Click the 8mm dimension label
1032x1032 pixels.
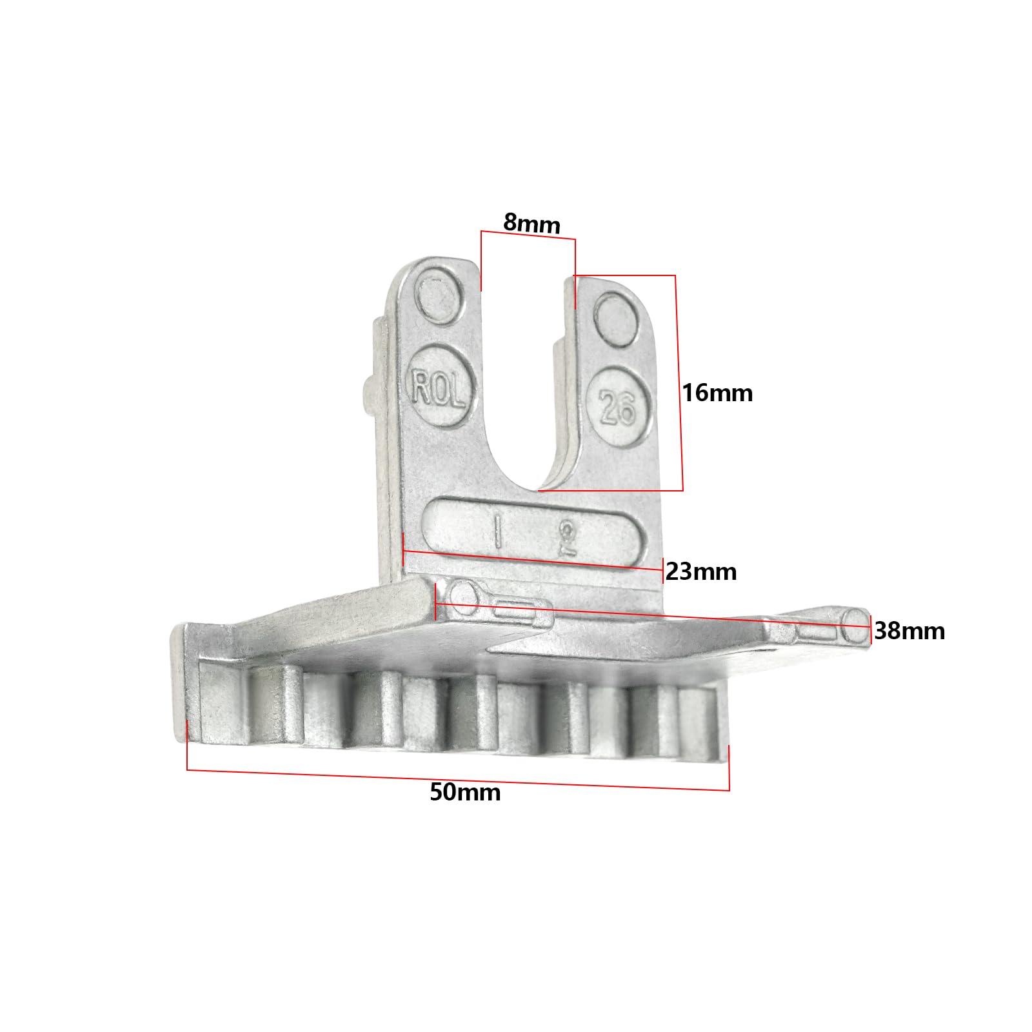click(x=532, y=223)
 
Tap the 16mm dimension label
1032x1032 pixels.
click(x=717, y=393)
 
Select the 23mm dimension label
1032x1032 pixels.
click(x=701, y=571)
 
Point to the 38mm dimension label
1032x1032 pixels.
click(x=909, y=631)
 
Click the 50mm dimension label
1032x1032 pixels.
click(x=465, y=792)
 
